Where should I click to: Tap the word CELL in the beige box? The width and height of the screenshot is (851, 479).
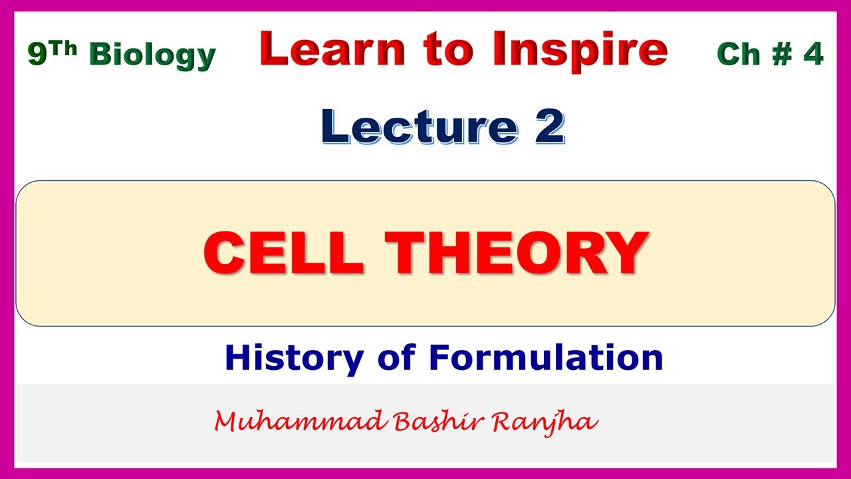point(284,253)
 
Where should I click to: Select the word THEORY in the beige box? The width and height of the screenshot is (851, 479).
point(517,253)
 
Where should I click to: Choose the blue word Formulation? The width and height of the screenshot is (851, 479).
point(546,357)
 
